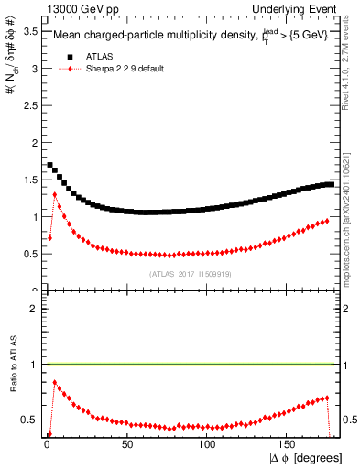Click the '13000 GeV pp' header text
74,8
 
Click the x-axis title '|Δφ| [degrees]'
306,458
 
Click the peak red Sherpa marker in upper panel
55,194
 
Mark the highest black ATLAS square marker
49,165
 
